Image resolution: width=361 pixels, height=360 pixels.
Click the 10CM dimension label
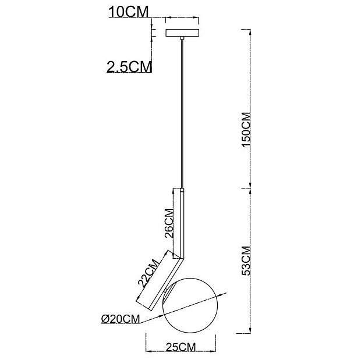pos(129,12)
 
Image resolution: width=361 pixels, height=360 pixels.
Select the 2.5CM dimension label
pos(129,67)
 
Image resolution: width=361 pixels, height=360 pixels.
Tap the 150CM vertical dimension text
pos(246,130)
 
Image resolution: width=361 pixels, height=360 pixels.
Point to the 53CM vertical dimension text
pos(246,261)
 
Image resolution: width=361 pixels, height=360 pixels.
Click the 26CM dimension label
pos(169,223)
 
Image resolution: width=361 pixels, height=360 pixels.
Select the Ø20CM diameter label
pos(121,319)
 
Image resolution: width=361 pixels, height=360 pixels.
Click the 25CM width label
pos(180,347)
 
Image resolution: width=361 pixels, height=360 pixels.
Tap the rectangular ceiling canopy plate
pos(182,33)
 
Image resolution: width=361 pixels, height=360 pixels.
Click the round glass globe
pos(190,305)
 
